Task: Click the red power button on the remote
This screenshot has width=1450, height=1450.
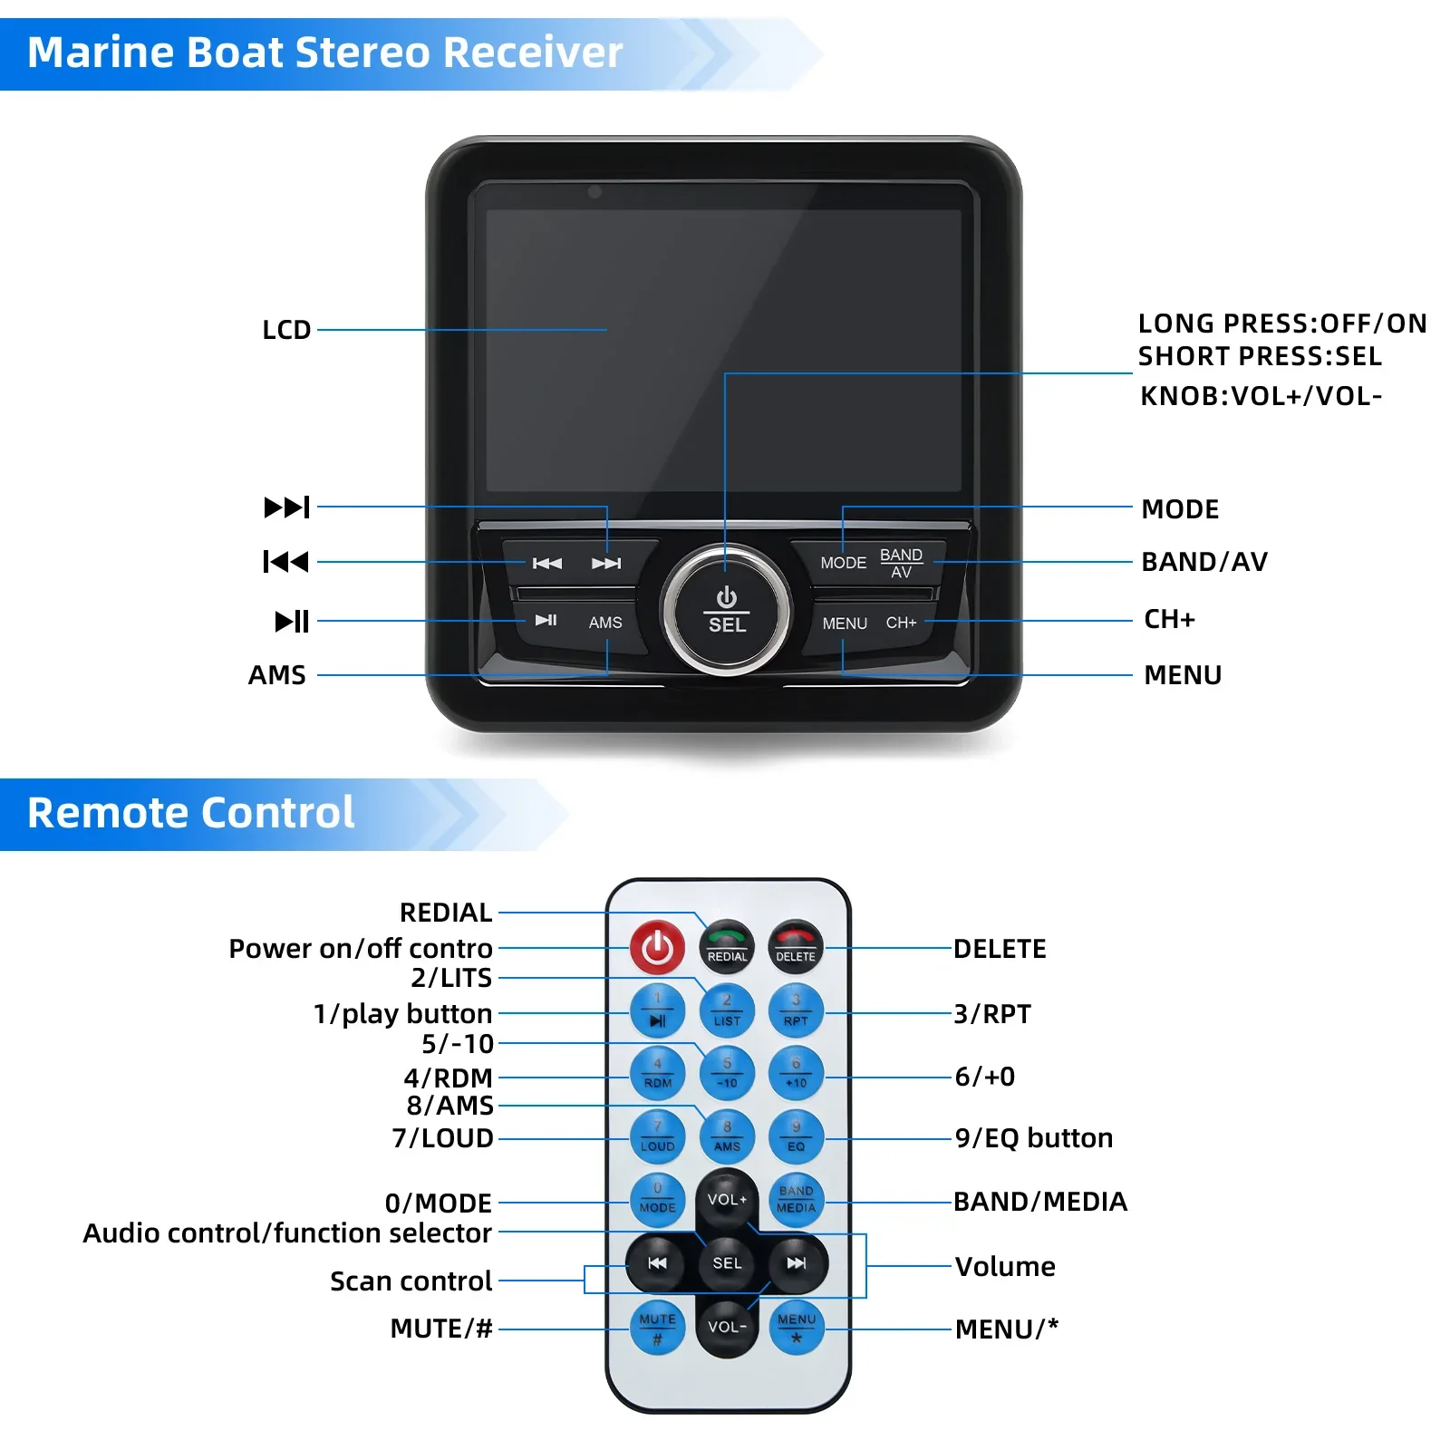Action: (x=657, y=948)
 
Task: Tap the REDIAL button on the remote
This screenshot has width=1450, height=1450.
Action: (x=727, y=947)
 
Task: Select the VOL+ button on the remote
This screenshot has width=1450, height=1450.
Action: (x=727, y=1199)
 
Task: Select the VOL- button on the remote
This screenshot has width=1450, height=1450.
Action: (x=727, y=1326)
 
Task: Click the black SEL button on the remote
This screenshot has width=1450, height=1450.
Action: (x=727, y=1262)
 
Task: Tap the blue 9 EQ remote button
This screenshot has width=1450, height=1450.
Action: (x=796, y=1136)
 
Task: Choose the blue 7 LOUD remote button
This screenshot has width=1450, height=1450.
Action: (x=657, y=1136)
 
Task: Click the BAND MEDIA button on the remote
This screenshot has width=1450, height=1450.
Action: (x=796, y=1199)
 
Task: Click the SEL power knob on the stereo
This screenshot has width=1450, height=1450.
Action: (x=726, y=610)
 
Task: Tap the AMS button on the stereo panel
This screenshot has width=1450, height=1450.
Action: (x=605, y=623)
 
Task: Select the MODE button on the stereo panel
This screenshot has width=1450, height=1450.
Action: (x=843, y=563)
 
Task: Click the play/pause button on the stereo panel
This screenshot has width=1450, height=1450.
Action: (x=546, y=621)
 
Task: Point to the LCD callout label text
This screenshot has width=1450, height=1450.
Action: (x=286, y=330)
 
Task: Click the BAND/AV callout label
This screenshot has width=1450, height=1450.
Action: (x=1203, y=562)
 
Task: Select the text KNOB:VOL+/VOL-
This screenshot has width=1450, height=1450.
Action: (x=1260, y=396)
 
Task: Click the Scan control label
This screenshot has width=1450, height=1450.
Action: (x=411, y=1281)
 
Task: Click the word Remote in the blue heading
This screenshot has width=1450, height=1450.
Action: (x=104, y=813)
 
